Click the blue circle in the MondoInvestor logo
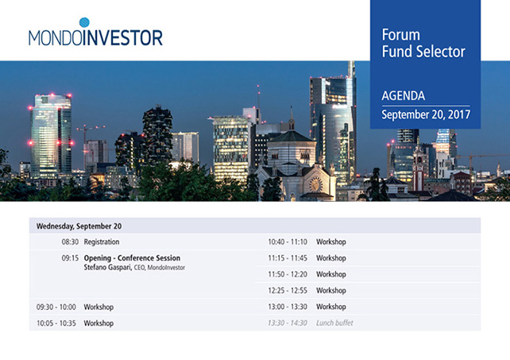pos(84,22)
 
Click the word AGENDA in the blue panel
pos(404,95)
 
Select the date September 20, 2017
pos(426,114)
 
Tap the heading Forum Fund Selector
pos(423,43)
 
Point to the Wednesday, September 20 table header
pos(79,226)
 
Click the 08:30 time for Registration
pos(70,242)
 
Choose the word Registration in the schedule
pos(102,242)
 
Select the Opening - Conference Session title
pos(132,258)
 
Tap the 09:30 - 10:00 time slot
pos(56,307)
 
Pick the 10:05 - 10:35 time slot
pos(56,323)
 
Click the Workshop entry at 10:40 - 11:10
pos(331,242)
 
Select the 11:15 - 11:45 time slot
pos(288,258)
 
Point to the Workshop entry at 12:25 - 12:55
pos(331,290)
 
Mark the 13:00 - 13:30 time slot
pos(288,307)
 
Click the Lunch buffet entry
pos(334,323)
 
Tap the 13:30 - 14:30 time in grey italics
pos(288,323)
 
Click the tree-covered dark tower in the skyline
pos(157,134)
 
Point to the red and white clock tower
pos(418,168)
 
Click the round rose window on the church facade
pos(315,184)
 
